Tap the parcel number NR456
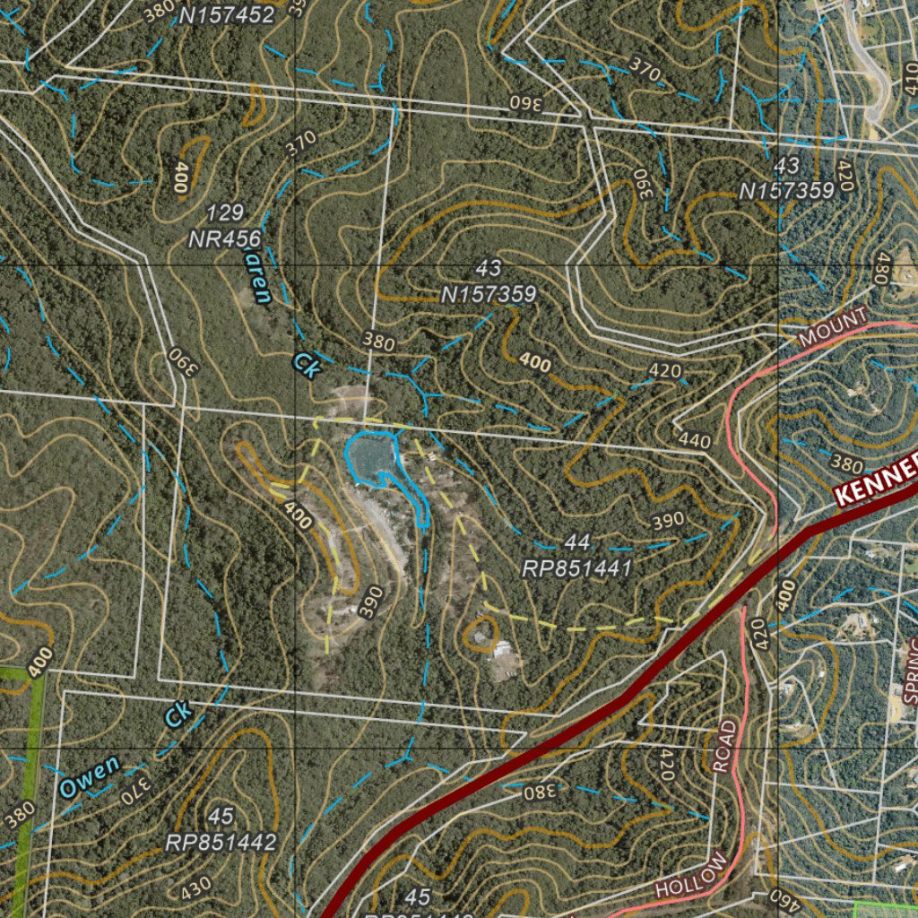click(224, 238)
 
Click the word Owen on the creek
click(89, 776)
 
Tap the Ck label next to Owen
click(178, 714)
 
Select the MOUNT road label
click(833, 326)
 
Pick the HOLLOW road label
click(692, 875)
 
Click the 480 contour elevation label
click(881, 268)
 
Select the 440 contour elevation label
click(695, 440)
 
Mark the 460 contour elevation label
click(782, 896)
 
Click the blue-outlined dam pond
click(370, 455)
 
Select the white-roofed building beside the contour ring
click(503, 647)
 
